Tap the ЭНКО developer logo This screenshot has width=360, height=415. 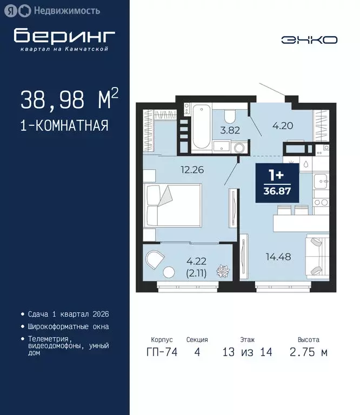click(x=309, y=39)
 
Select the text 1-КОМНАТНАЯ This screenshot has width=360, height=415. click(x=64, y=126)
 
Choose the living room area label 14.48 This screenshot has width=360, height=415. click(x=278, y=257)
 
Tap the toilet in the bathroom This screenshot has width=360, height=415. click(x=229, y=116)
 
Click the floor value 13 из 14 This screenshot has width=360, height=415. click(x=248, y=352)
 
